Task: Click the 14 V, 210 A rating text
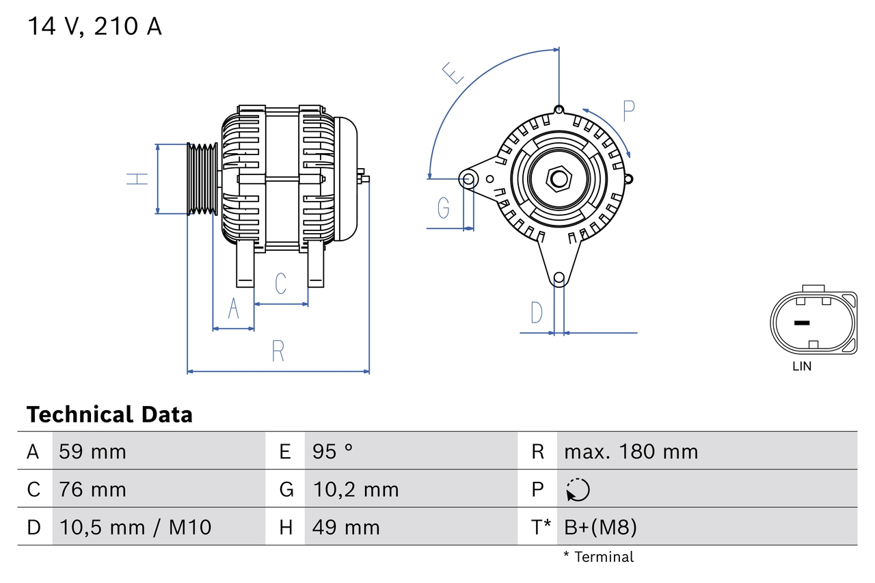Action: [x=94, y=27]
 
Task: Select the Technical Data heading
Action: [x=109, y=415]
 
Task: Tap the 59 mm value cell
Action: [x=92, y=452]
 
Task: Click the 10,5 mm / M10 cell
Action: [x=135, y=528]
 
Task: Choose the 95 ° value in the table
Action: [x=332, y=452]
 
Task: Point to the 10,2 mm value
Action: [x=355, y=489]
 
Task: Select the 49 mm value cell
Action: [x=346, y=528]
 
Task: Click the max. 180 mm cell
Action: [x=631, y=452]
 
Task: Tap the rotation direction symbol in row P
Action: [x=578, y=490]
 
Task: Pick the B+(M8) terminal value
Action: [x=600, y=528]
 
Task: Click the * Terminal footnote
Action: [x=598, y=557]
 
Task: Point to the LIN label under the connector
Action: [x=802, y=366]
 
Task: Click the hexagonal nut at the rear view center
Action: [x=559, y=179]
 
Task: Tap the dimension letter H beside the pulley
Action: [x=137, y=179]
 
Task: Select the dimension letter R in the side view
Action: [x=278, y=351]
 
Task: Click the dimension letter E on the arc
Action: [x=453, y=72]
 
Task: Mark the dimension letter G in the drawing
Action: [x=443, y=206]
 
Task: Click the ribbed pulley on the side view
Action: [x=202, y=179]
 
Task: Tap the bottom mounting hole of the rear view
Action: [x=559, y=277]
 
